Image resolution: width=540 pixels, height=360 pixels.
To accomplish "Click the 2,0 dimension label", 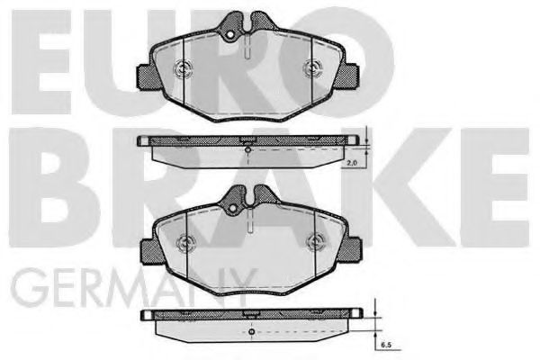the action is [x=352, y=164].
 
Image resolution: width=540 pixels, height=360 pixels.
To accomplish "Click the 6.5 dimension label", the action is [x=386, y=345].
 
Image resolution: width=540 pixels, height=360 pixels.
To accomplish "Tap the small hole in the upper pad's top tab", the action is [x=230, y=35].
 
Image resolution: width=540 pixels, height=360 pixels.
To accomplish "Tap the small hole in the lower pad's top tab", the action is [x=233, y=208].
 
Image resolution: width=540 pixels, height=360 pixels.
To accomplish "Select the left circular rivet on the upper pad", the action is [x=182, y=69].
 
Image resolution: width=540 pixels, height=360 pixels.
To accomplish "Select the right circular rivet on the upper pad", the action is [x=312, y=67].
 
